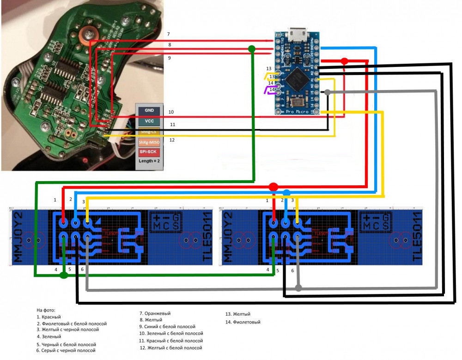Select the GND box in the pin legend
point(149,111)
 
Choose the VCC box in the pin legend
point(149,121)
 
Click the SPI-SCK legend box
point(149,152)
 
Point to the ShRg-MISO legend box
point(149,142)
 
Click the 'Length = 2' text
point(149,161)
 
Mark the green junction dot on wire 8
point(251,49)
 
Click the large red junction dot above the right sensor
point(273,187)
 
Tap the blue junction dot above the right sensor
point(286,192)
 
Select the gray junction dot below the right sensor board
point(298,288)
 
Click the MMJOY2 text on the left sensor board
point(18,238)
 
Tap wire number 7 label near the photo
point(169,35)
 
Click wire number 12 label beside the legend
point(172,140)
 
